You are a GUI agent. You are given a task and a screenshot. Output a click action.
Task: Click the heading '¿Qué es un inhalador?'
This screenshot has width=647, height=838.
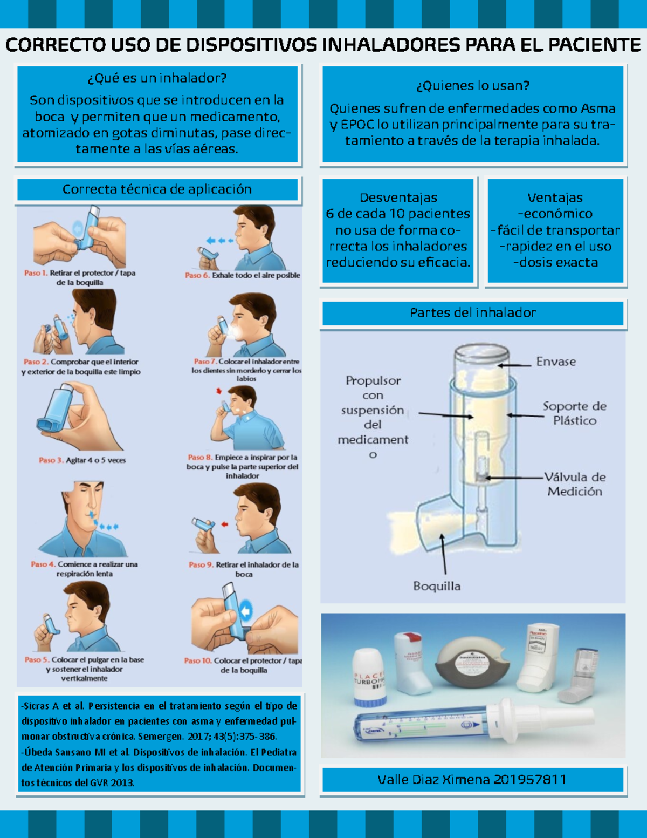click(x=157, y=78)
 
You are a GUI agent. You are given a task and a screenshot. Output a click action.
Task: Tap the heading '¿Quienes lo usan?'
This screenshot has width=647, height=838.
click(x=473, y=86)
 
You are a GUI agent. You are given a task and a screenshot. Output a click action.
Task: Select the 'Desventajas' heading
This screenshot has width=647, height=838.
click(x=398, y=198)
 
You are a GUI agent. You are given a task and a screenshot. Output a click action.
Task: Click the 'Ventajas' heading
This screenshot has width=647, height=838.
click(x=555, y=198)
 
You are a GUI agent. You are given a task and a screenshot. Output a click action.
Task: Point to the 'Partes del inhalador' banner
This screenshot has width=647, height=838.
click(x=473, y=312)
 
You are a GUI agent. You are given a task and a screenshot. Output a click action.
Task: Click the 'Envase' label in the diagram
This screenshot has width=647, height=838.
click(x=556, y=362)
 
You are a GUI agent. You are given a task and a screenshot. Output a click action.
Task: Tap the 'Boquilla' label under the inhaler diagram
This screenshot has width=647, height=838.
click(x=437, y=586)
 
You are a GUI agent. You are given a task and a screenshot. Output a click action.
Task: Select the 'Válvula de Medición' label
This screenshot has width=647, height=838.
click(x=575, y=484)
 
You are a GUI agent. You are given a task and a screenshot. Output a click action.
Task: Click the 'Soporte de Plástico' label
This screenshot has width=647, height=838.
click(x=575, y=413)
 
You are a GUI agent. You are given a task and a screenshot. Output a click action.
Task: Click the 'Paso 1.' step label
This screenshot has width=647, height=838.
click(x=36, y=273)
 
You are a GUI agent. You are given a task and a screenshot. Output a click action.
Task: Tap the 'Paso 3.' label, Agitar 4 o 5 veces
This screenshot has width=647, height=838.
click(x=51, y=460)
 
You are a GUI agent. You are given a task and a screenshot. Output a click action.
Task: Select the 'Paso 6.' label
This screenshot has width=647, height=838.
click(x=197, y=275)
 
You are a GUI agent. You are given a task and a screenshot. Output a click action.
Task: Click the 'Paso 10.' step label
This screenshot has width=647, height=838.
click(x=197, y=660)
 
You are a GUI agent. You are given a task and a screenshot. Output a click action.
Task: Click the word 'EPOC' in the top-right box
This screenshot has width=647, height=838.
click(x=357, y=125)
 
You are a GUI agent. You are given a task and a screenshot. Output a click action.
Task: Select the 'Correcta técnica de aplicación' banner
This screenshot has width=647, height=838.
click(x=157, y=189)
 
